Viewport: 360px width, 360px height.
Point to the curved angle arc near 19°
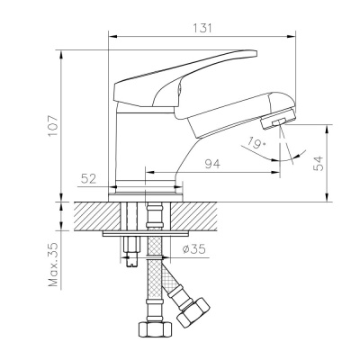296,153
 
